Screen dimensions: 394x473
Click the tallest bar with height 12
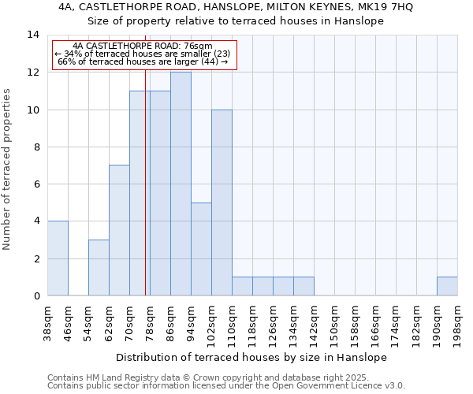click(x=181, y=184)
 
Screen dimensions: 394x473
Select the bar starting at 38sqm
click(x=58, y=258)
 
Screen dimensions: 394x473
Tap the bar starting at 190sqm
click(x=447, y=286)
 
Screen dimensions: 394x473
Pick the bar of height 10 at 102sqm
click(x=222, y=203)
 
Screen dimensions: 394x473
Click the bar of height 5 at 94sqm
click(x=201, y=249)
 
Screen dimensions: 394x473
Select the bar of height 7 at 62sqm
click(x=119, y=230)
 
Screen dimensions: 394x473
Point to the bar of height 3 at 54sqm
click(x=99, y=268)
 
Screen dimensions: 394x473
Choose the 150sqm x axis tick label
click(x=335, y=322)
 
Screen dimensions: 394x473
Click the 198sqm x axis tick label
click(x=458, y=322)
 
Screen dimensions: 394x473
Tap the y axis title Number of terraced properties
click(x=8, y=169)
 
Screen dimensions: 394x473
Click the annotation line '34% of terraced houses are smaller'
click(x=143, y=54)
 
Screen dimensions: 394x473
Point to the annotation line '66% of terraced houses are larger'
click(x=143, y=61)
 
